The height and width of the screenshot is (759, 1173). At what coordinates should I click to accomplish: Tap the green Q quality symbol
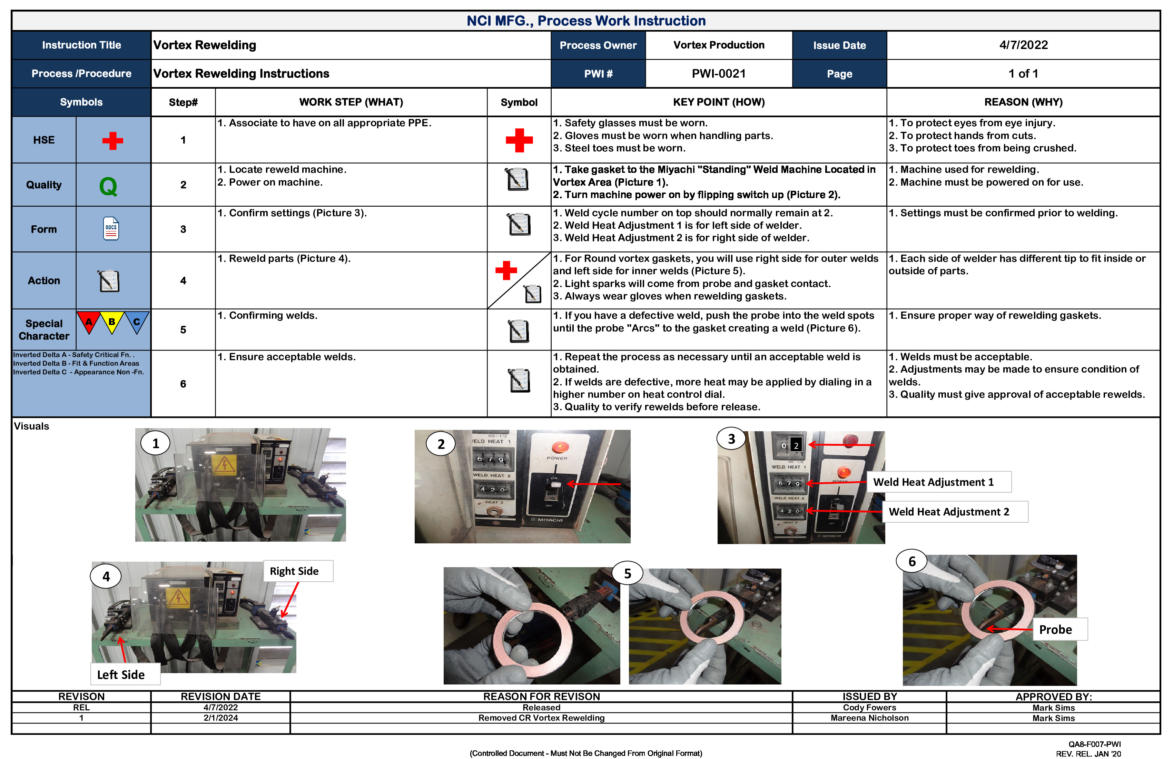[108, 186]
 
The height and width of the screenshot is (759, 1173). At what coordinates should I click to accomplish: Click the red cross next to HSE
[112, 140]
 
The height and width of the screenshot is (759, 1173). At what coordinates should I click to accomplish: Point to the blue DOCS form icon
[111, 229]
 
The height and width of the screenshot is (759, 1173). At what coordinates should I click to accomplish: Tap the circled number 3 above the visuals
[731, 438]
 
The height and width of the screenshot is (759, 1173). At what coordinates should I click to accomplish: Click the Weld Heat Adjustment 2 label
[948, 512]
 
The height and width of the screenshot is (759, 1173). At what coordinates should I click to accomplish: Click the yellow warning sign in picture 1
[224, 464]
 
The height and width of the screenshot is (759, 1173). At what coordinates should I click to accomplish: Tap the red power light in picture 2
[559, 447]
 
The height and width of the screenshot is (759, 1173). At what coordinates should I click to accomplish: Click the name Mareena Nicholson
[869, 718]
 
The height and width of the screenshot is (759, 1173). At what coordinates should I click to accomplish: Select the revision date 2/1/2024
[220, 718]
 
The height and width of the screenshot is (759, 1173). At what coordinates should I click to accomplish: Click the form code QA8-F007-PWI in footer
[1094, 744]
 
